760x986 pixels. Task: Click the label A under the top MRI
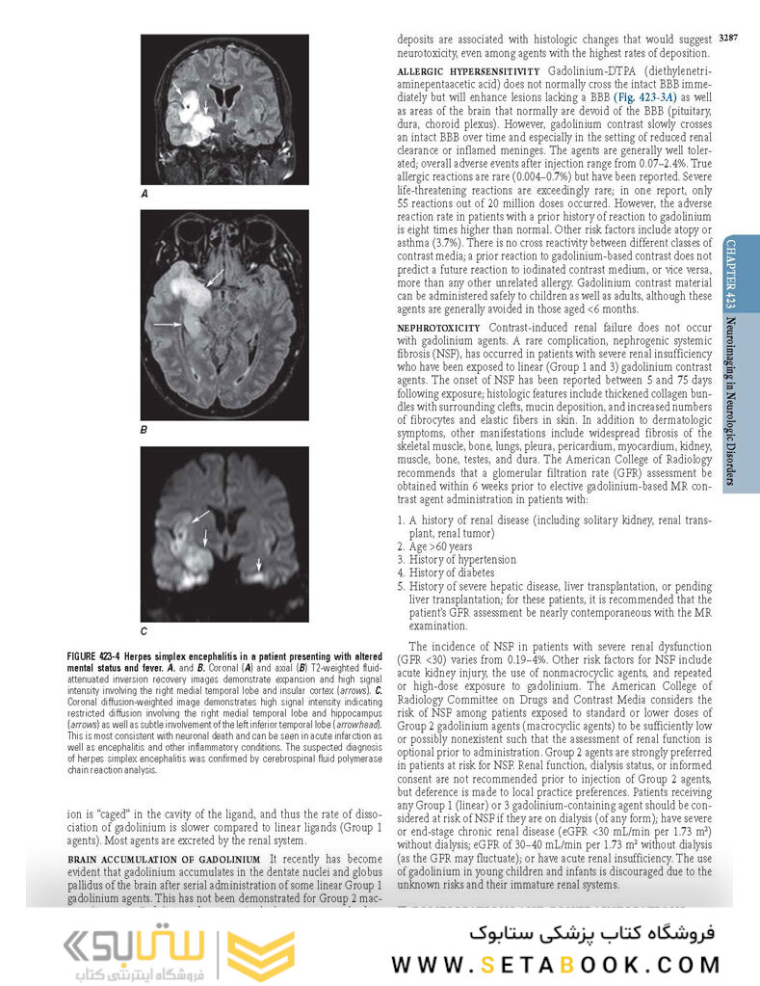coord(144,195)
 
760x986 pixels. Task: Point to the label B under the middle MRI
coord(144,429)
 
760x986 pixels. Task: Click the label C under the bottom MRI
coord(144,632)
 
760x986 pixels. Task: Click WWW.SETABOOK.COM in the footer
coord(556,964)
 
